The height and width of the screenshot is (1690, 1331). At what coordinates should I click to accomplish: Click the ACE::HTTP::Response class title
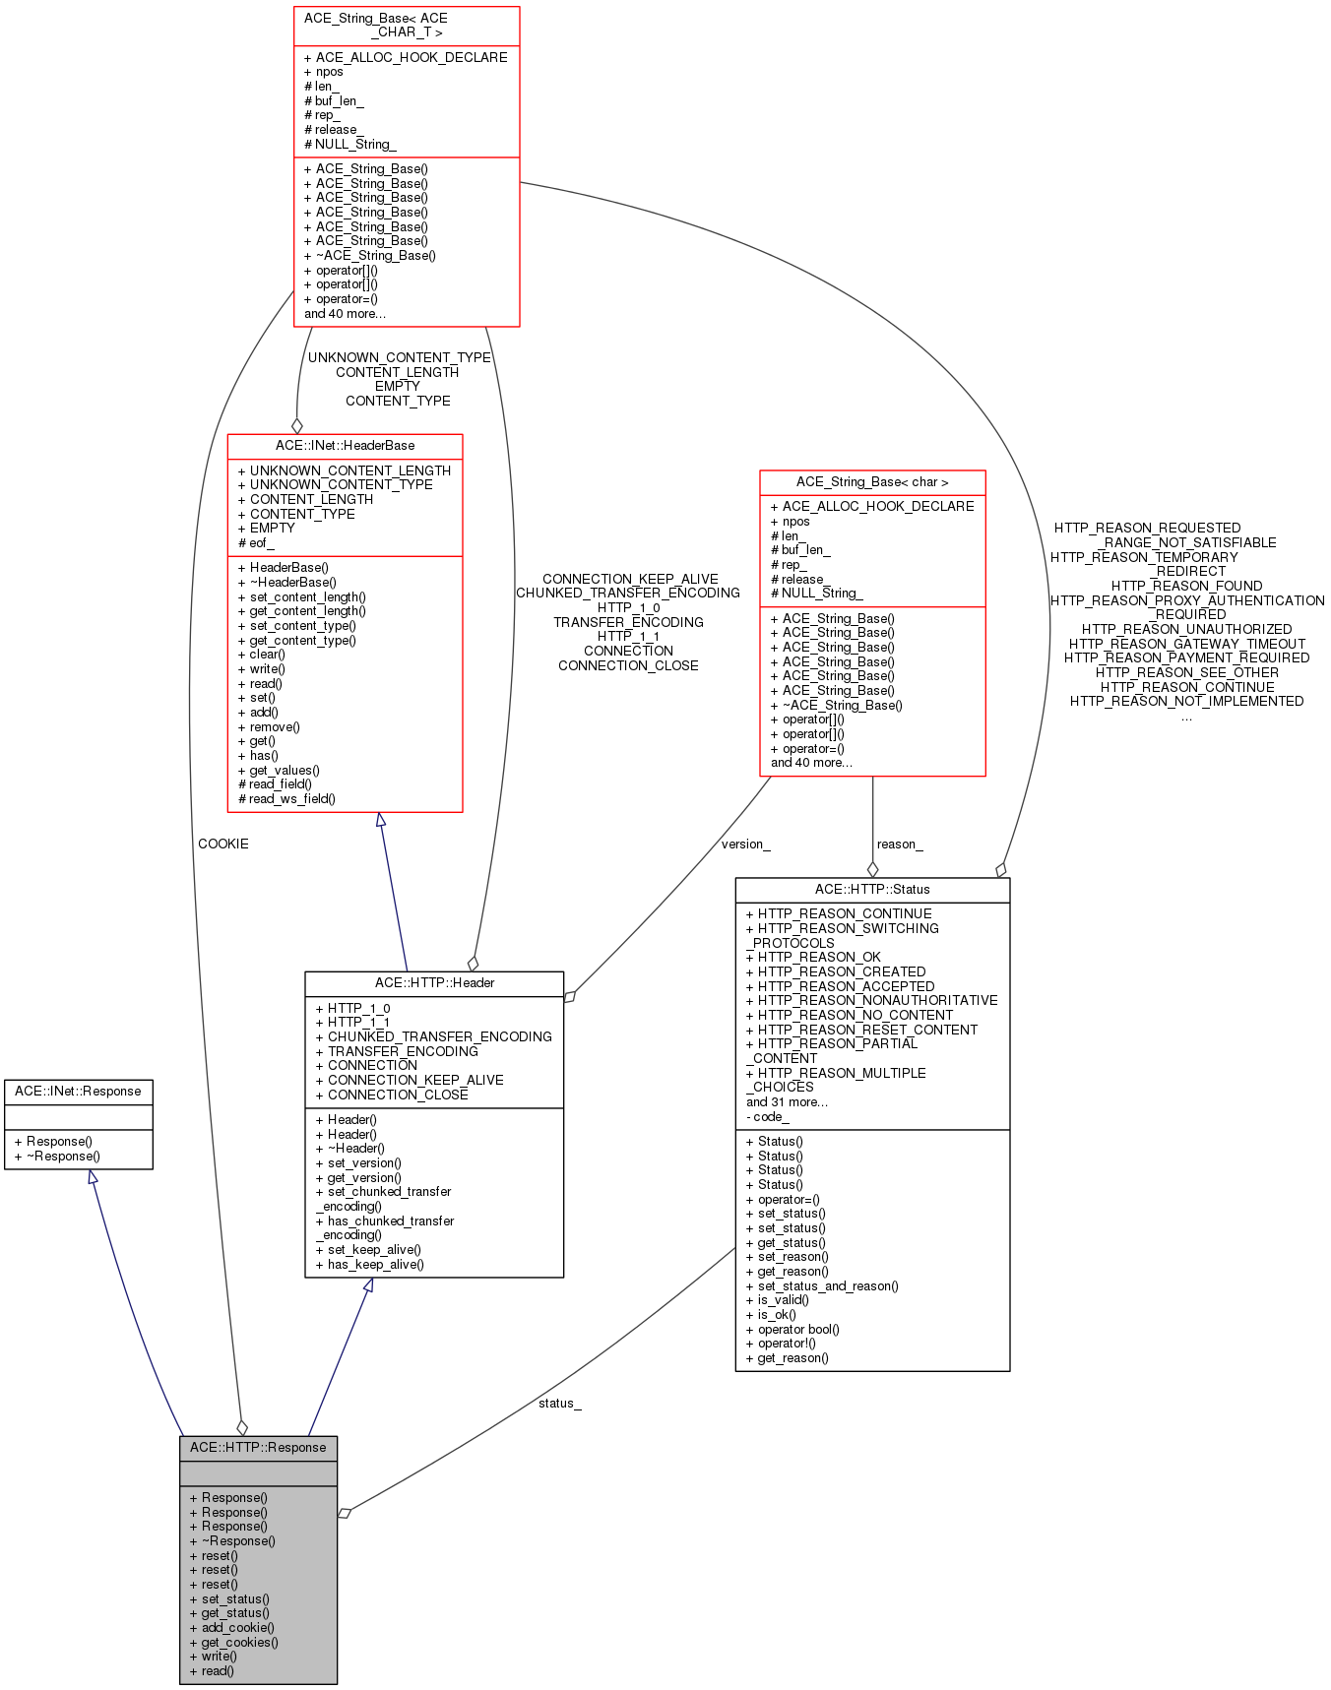pos(258,1447)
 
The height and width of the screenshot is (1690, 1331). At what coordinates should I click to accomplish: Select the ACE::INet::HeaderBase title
pos(345,446)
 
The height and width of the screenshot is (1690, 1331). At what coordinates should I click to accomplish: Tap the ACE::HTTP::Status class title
pos(872,889)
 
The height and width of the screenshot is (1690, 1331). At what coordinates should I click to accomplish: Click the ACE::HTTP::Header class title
pos(434,983)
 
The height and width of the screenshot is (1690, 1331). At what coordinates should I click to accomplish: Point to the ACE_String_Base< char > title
pos(872,482)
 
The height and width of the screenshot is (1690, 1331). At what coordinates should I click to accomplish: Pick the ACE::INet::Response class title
pos(78,1092)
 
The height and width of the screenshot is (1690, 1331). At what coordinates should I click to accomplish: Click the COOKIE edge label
pos(223,844)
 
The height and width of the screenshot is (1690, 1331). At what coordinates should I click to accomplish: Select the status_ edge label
pos(559,1403)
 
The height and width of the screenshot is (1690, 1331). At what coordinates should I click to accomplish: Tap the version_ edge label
pos(745,844)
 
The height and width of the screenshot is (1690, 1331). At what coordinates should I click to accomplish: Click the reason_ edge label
pos(900,844)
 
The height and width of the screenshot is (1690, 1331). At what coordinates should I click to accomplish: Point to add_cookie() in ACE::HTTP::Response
pos(237,1628)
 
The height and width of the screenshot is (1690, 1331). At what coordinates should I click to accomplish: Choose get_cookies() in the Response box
pos(239,1642)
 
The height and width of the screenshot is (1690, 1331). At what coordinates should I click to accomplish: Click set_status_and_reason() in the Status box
pos(827,1285)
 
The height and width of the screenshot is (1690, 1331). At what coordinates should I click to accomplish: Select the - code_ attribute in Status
pos(768,1116)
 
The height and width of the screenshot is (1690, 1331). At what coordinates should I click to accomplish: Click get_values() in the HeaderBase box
pos(284,770)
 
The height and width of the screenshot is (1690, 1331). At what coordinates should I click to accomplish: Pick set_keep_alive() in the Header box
pos(373,1250)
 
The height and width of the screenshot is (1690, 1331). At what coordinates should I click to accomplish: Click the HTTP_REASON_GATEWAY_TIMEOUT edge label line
pos(1186,644)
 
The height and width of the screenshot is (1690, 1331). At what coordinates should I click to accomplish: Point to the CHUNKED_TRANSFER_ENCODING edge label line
pos(628,593)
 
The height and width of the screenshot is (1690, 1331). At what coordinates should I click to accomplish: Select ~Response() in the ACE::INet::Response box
pos(62,1156)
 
